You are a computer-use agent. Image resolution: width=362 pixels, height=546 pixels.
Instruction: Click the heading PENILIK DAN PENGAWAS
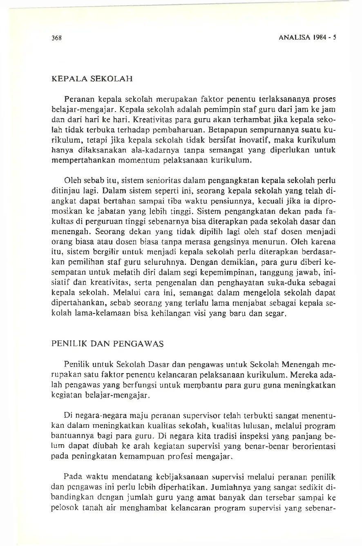click(x=107, y=344)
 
